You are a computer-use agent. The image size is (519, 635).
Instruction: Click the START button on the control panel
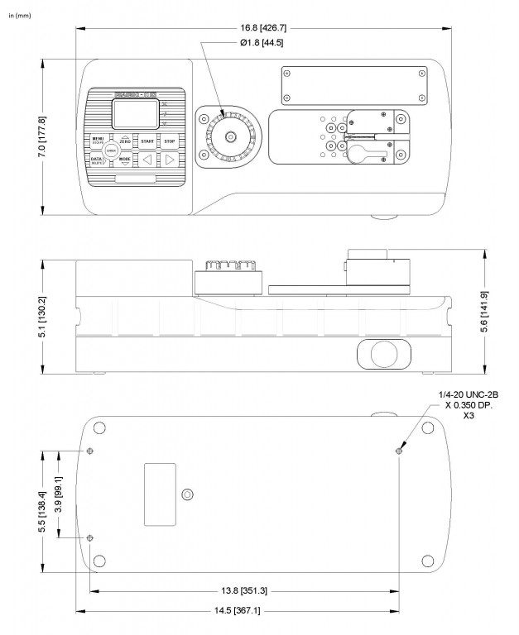(x=147, y=142)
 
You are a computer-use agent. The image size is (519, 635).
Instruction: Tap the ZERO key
(x=125, y=142)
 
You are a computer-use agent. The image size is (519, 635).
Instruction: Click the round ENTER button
(x=110, y=150)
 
